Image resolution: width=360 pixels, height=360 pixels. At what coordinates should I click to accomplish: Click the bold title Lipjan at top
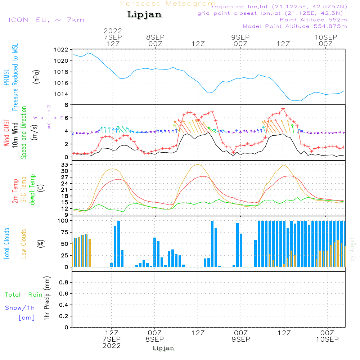[144, 15]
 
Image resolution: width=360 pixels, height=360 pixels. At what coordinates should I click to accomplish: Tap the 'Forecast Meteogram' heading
[168, 4]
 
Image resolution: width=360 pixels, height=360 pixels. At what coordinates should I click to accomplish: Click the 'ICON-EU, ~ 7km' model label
[46, 20]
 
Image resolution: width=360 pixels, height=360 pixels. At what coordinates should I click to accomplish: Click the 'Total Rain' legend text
[24, 295]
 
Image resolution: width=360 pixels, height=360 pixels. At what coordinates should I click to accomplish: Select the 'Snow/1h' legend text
[20, 308]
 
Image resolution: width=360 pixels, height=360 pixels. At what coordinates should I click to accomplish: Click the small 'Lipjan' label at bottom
[163, 348]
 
